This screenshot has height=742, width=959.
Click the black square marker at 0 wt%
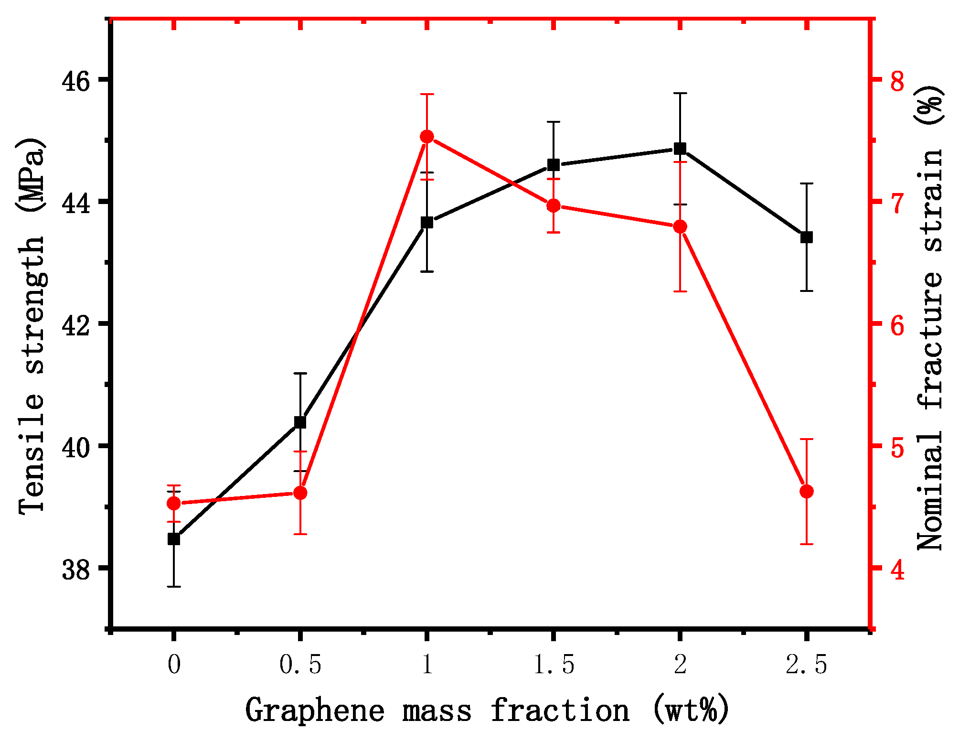(174, 539)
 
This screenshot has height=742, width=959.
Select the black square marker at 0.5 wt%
(300, 422)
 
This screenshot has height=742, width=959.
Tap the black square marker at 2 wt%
(680, 149)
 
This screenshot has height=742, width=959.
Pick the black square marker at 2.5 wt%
(807, 237)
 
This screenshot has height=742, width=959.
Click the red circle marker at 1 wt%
(427, 137)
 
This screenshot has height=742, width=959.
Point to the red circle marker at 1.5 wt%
(554, 206)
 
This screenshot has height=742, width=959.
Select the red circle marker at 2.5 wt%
(807, 492)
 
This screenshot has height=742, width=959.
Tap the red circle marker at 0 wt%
(174, 504)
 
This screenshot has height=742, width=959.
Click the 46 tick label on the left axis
(76, 82)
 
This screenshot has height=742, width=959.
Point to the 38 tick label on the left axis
(76, 570)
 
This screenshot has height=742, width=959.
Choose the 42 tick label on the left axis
(76, 326)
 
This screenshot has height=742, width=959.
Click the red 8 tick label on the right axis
(898, 81)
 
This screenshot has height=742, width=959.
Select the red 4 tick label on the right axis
(898, 570)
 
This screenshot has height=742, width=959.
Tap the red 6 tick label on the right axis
(898, 326)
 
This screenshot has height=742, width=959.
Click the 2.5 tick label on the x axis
(806, 665)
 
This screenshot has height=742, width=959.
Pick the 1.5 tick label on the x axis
(553, 665)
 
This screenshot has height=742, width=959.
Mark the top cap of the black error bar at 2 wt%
(680, 94)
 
